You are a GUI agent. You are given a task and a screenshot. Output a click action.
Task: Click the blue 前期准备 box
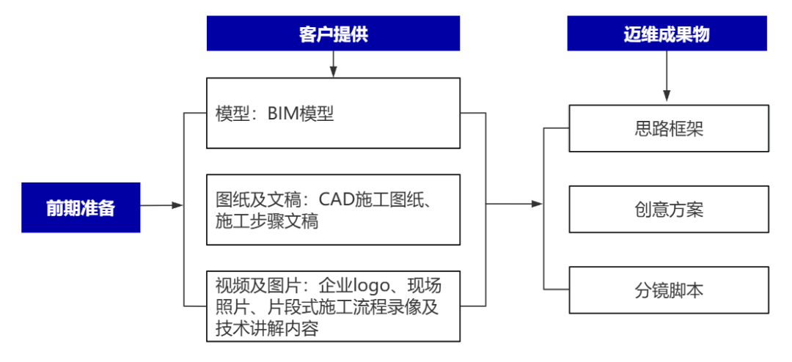click(81, 207)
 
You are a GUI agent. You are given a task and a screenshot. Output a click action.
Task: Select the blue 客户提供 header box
click(333, 34)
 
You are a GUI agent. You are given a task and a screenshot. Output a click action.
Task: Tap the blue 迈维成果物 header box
click(667, 34)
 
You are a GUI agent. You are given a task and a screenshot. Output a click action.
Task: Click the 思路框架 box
click(669, 128)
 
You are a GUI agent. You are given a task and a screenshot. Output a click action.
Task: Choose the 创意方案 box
click(669, 210)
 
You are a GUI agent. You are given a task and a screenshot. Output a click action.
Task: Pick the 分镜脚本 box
click(669, 290)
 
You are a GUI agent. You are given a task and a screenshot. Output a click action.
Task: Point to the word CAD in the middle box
click(336, 199)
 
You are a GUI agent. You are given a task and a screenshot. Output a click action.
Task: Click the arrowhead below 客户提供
click(333, 72)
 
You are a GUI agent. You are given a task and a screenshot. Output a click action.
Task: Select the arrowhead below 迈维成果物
click(667, 96)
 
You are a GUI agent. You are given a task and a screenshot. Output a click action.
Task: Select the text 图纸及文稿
click(249, 199)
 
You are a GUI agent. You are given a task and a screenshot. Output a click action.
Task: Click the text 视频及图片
click(249, 285)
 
